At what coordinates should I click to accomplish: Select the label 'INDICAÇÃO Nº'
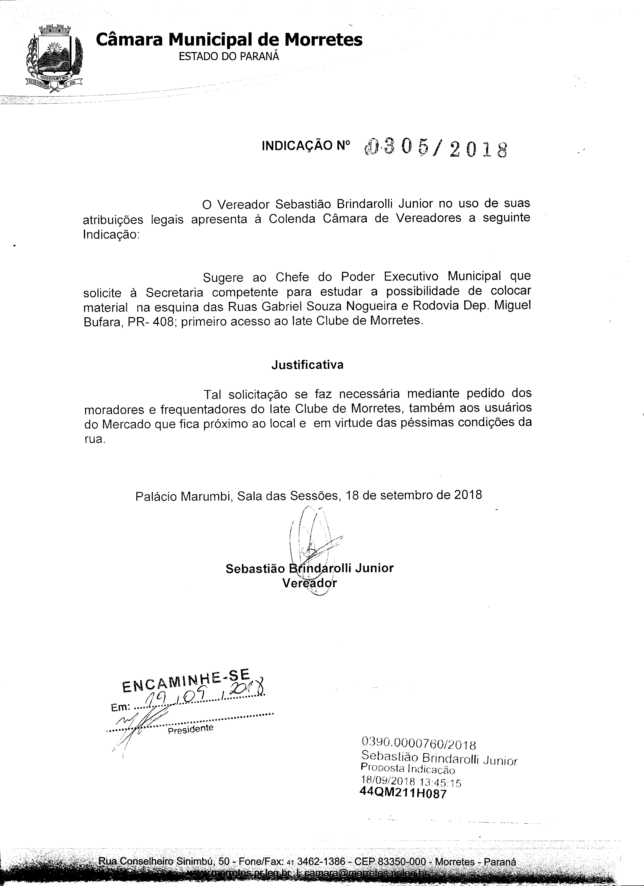[306, 146]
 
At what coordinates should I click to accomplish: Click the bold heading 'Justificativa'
[307, 365]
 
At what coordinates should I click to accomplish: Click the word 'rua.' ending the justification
[95, 439]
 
